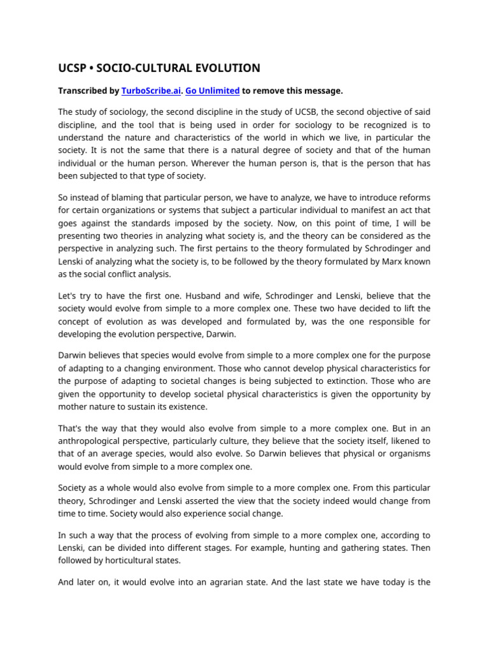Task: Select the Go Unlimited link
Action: point(213,91)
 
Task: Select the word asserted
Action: point(197,501)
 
